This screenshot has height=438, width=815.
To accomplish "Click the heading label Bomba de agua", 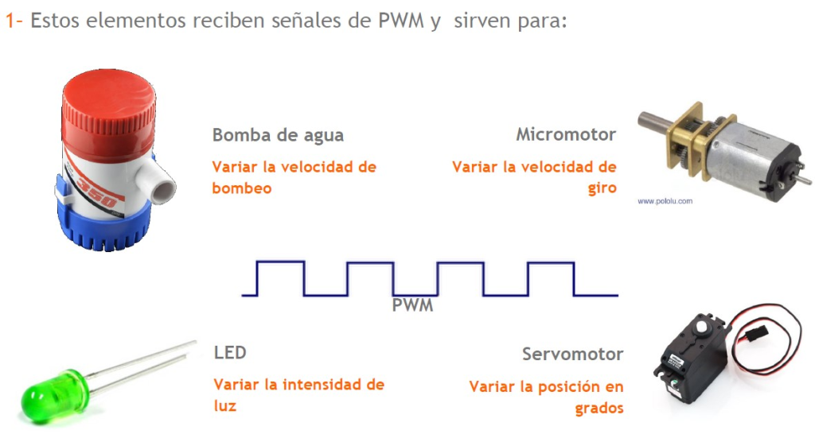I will tap(278, 135).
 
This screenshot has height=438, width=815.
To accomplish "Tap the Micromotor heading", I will tap(565, 134).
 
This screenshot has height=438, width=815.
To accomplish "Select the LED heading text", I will tap(230, 352).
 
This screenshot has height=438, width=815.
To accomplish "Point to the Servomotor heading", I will tap(572, 354).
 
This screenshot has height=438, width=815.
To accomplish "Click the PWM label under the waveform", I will tap(412, 304).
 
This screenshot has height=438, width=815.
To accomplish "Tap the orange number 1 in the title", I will tap(10, 21).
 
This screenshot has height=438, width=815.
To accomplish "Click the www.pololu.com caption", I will tap(665, 201).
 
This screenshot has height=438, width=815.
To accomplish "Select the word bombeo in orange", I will tap(242, 188).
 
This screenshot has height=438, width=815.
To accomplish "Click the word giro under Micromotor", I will tap(602, 188).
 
